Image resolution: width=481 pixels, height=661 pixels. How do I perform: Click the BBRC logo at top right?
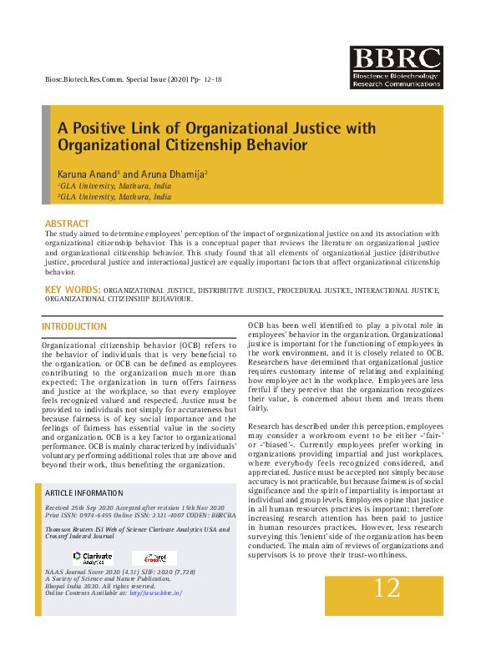(x=396, y=68)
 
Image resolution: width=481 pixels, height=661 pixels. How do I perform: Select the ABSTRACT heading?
(x=67, y=225)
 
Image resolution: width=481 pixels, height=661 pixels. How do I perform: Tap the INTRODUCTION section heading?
(x=74, y=326)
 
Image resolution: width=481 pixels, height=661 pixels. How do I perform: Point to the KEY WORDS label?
(x=73, y=290)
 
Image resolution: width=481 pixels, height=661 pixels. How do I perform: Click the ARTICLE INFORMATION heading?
(x=84, y=493)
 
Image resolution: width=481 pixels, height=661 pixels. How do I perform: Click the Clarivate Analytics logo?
(x=92, y=557)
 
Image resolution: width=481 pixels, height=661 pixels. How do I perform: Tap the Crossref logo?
(x=154, y=558)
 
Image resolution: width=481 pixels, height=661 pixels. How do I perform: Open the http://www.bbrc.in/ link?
(x=155, y=593)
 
